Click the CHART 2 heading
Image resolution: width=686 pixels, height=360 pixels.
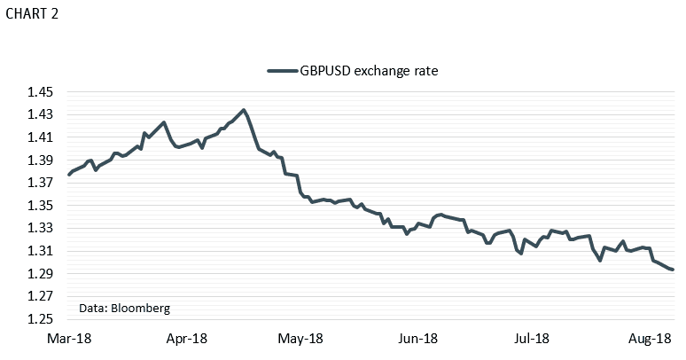[x=34, y=16]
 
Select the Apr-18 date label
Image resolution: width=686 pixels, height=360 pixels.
[x=187, y=339]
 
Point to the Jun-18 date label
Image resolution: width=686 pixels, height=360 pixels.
[x=417, y=339]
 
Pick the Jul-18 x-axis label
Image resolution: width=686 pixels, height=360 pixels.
[x=532, y=339]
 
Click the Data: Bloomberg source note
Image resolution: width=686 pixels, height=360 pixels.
[x=124, y=308]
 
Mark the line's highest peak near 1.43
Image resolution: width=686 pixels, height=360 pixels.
[x=244, y=110]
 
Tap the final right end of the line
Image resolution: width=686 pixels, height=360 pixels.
[x=673, y=270]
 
